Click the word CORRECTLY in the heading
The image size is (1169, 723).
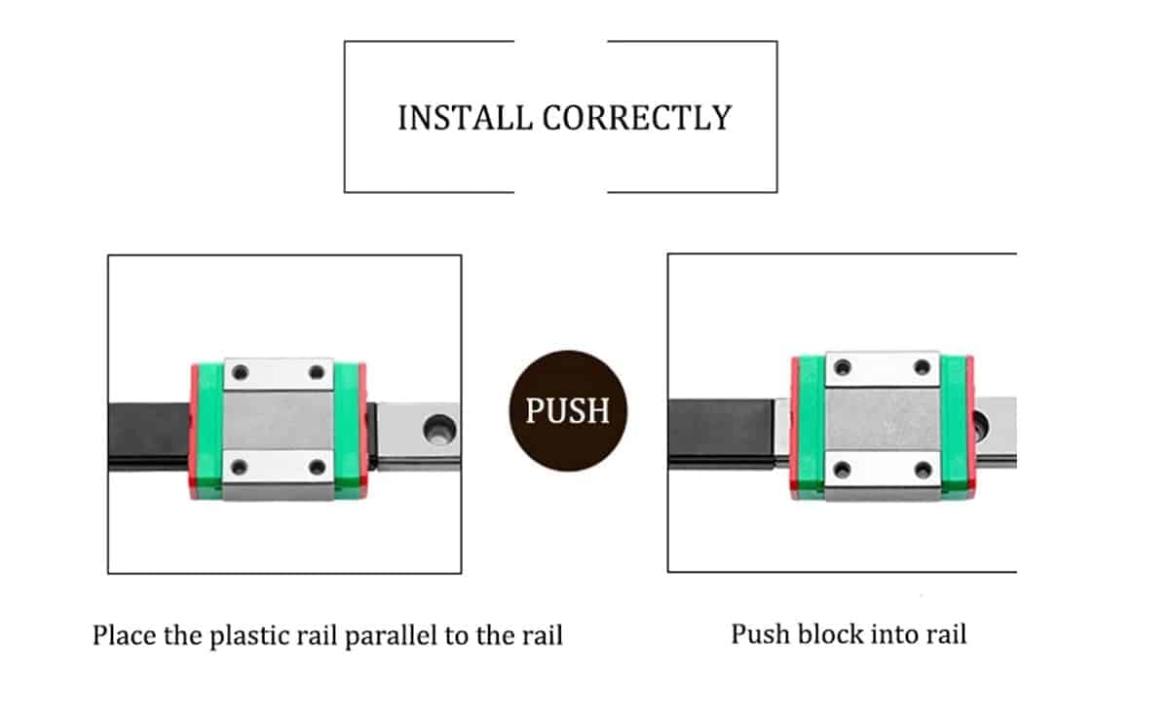click(x=636, y=118)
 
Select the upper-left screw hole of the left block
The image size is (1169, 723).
click(x=241, y=372)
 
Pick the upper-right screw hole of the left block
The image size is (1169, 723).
click(x=316, y=372)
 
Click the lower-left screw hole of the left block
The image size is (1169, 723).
click(x=241, y=468)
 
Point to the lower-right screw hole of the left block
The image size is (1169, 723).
click(x=316, y=468)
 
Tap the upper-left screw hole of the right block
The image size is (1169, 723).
click(x=843, y=367)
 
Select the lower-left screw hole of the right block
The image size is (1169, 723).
click(x=843, y=470)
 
